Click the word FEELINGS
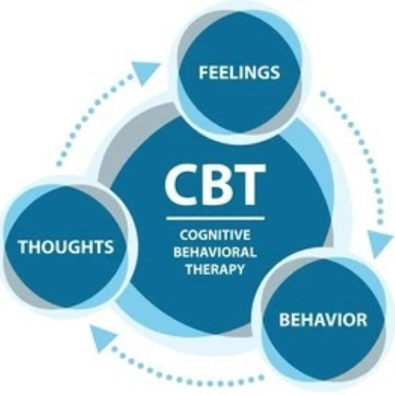coord(239,73)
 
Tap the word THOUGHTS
coord(66,246)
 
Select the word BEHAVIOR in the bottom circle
coord(323,319)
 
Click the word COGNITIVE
coord(215,235)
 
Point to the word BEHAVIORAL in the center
coord(215,252)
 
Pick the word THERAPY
coord(215,269)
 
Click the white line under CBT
coord(216,218)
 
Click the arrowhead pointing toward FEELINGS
coord(145,71)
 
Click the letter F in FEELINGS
coord(203,73)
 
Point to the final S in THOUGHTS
coord(109,246)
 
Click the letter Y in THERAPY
coord(239,269)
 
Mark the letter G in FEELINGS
coord(261,73)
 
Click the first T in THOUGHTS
coord(23,246)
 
